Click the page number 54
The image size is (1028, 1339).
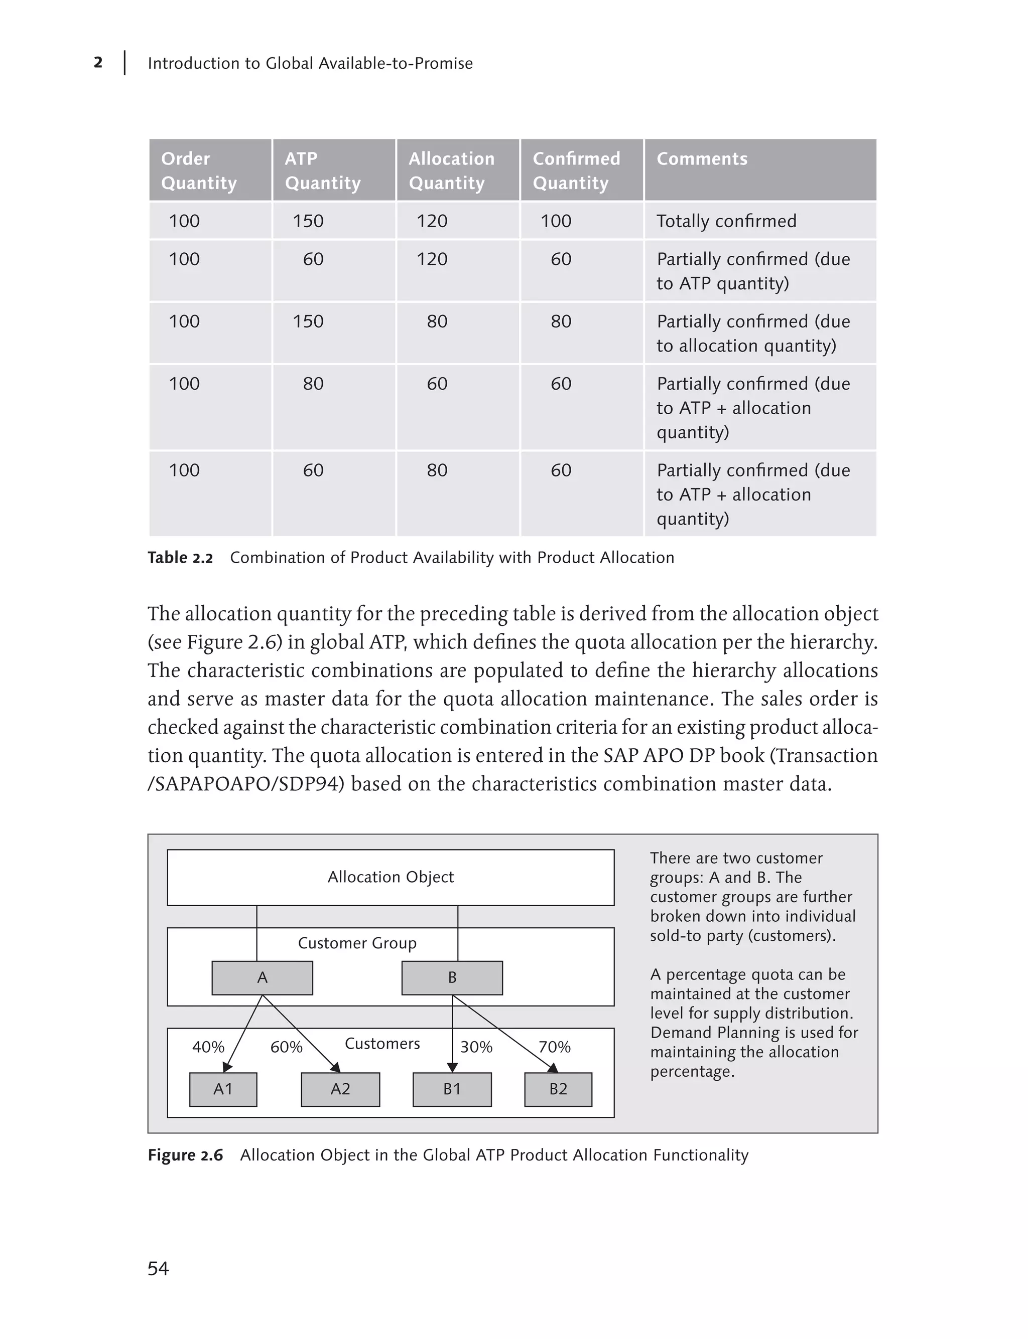coord(158,1269)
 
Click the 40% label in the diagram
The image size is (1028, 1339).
coord(208,1047)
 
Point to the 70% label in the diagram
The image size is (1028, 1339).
coord(554,1047)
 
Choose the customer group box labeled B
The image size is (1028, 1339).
coord(452,977)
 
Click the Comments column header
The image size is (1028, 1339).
coord(702,159)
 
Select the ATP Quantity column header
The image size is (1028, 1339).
coord(322,171)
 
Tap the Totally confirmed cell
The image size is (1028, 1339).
coord(726,221)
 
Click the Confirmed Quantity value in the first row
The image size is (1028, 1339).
coord(556,221)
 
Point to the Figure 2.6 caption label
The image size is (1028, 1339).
coord(185,1155)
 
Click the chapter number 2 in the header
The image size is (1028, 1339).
coord(98,62)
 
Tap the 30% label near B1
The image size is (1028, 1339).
coord(476,1047)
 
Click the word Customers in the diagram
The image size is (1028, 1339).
coord(382,1043)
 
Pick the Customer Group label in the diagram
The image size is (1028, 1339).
coord(357,943)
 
